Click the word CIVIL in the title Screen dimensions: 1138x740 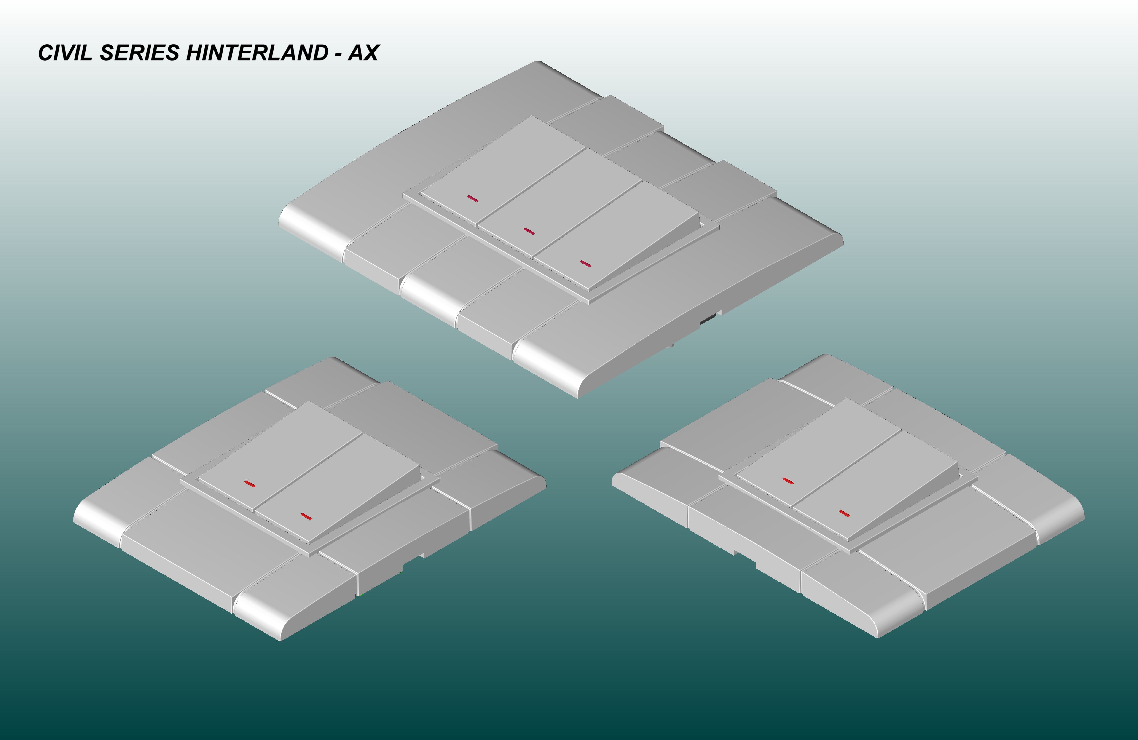(x=65, y=53)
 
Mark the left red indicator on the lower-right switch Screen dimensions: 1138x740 (x=788, y=481)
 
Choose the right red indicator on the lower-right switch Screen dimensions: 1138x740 (x=845, y=514)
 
